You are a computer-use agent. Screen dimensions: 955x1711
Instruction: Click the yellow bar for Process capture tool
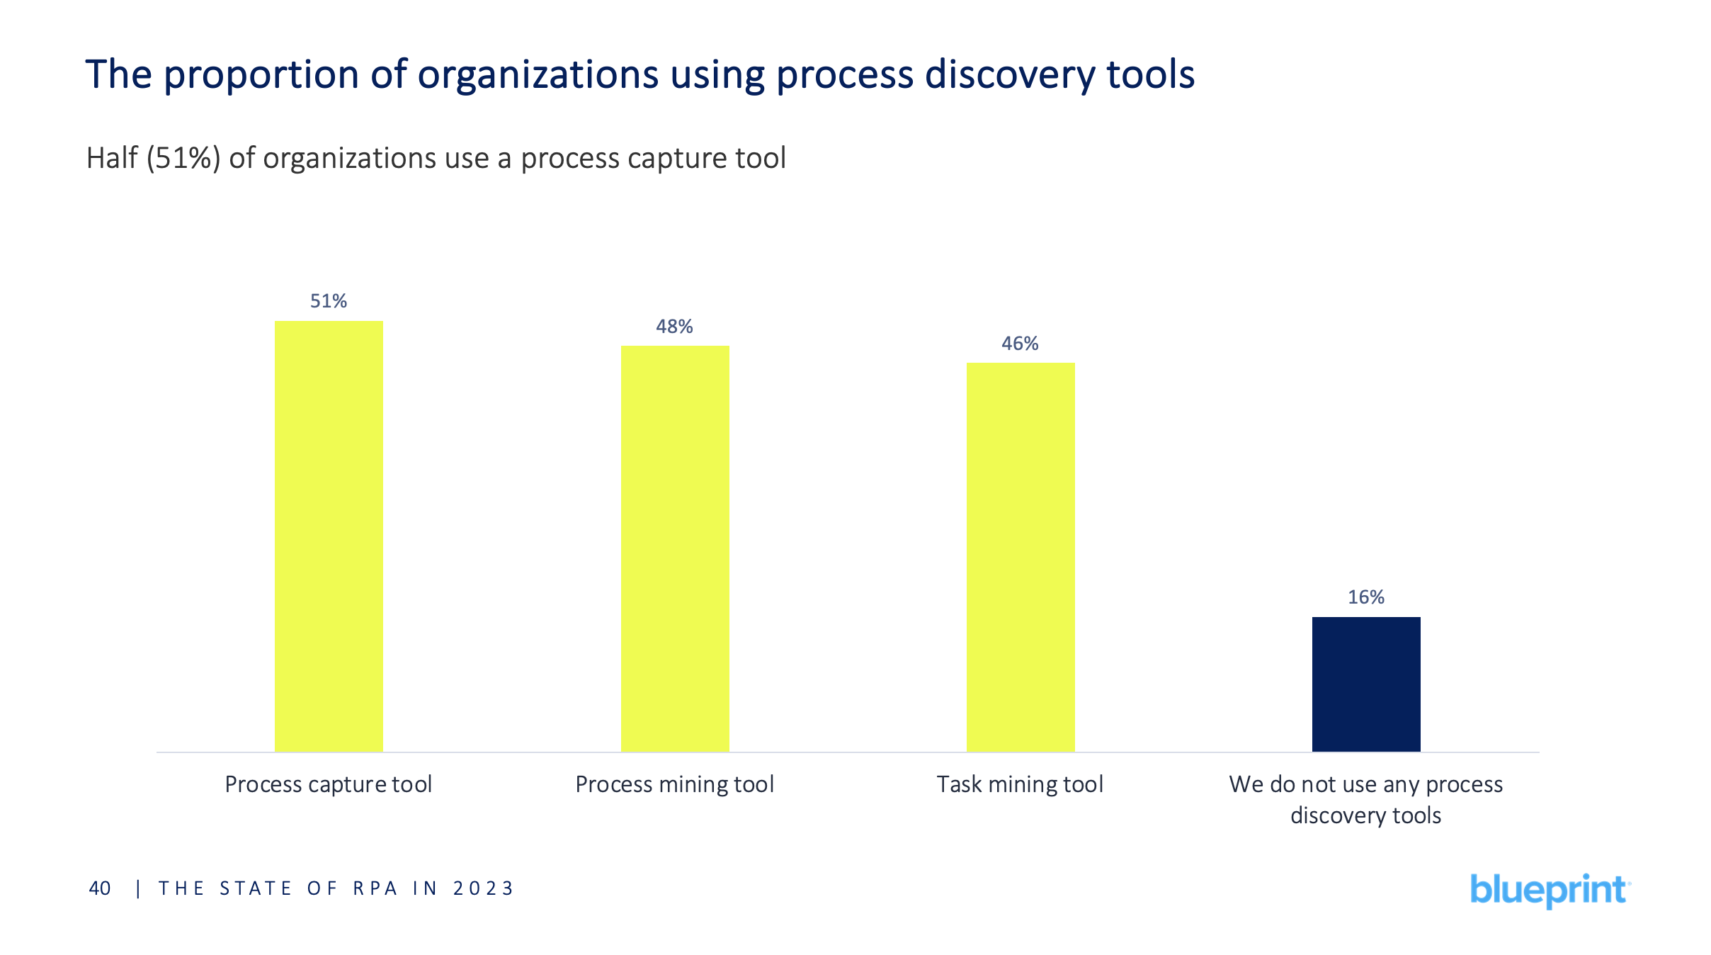click(x=329, y=536)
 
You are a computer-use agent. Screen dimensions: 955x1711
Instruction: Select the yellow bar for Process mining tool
click(x=675, y=548)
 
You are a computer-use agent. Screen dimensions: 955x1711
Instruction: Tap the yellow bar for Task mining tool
click(x=1021, y=557)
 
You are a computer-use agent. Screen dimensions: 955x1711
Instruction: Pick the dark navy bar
click(x=1366, y=684)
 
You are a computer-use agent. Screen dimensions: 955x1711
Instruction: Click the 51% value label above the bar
click(x=329, y=301)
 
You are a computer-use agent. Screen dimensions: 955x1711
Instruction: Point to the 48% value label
click(x=674, y=327)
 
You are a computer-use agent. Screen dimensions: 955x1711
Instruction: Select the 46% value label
click(x=1020, y=344)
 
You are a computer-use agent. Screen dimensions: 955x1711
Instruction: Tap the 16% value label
click(x=1366, y=597)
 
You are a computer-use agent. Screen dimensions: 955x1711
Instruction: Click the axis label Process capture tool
click(x=329, y=784)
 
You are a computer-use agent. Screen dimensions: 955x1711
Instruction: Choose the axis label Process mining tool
click(x=674, y=784)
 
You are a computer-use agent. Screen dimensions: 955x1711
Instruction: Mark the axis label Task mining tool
click(x=1020, y=784)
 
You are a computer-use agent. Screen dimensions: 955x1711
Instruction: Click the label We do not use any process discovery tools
click(x=1366, y=800)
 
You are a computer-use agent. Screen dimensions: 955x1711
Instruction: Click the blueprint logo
click(x=1550, y=890)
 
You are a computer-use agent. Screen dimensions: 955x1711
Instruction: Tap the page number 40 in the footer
click(x=100, y=888)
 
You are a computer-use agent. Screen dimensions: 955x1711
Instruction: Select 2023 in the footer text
click(x=483, y=888)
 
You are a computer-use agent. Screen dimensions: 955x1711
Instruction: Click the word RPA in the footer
click(x=375, y=888)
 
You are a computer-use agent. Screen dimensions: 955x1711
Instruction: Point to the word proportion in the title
click(x=261, y=74)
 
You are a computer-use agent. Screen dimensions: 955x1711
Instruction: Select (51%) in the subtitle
click(x=183, y=158)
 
